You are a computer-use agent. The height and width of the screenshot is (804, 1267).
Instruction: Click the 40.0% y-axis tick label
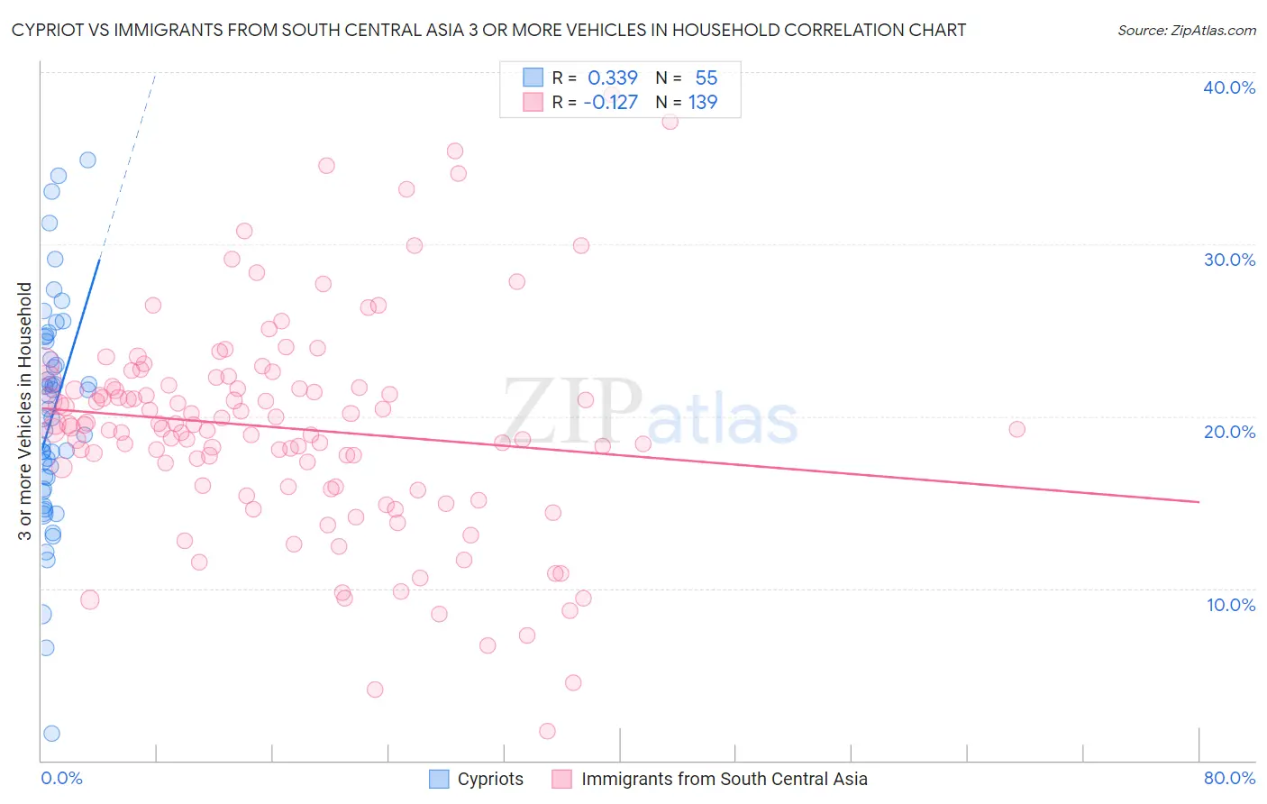[x=1229, y=87]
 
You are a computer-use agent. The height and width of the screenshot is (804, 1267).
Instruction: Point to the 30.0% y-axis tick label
[x=1229, y=260]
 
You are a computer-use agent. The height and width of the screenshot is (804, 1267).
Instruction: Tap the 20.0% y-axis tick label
[x=1229, y=432]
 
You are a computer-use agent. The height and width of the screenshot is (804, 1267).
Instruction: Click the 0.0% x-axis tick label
[x=61, y=778]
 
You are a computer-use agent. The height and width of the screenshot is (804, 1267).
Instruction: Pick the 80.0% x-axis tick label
[x=1229, y=778]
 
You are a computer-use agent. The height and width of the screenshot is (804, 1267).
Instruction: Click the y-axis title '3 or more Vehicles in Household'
[x=25, y=411]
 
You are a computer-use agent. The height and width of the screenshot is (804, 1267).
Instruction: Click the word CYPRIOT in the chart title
[x=46, y=31]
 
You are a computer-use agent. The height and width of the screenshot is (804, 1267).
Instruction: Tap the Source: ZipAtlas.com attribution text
[x=1186, y=31]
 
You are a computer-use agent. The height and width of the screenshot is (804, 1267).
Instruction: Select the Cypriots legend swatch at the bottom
[x=439, y=779]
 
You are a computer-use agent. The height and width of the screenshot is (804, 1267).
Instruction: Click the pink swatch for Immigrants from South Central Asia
[x=562, y=779]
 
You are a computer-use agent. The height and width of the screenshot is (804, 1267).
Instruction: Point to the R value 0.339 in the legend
[x=613, y=78]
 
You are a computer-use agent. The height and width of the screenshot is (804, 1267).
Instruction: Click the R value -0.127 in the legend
[x=610, y=103]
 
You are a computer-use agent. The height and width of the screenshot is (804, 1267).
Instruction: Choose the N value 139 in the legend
[x=703, y=103]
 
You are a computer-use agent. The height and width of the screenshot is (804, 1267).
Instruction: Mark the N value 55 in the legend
[x=706, y=78]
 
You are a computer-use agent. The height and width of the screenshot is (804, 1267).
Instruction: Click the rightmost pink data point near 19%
[x=1016, y=429]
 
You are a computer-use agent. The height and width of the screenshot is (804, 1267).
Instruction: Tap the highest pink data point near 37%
[x=670, y=122]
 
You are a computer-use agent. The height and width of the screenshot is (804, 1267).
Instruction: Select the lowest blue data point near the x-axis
[x=51, y=734]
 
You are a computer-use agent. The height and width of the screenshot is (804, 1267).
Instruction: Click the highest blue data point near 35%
[x=87, y=160]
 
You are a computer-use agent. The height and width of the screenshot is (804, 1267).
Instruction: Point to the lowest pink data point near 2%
[x=547, y=731]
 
